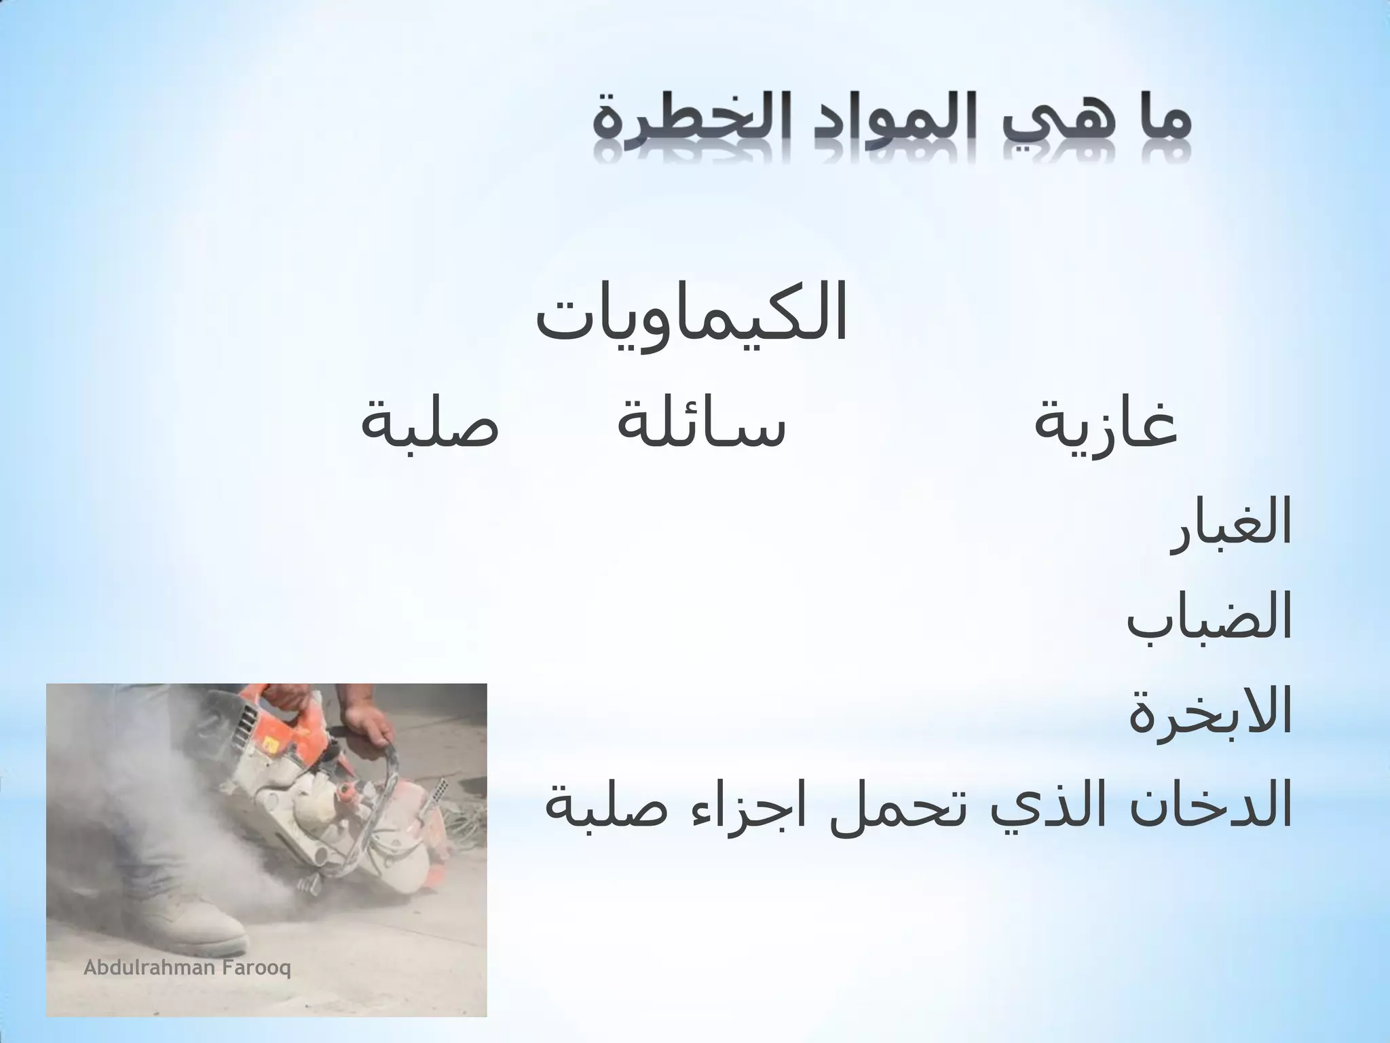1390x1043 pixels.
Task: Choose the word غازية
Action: coord(1106,424)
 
